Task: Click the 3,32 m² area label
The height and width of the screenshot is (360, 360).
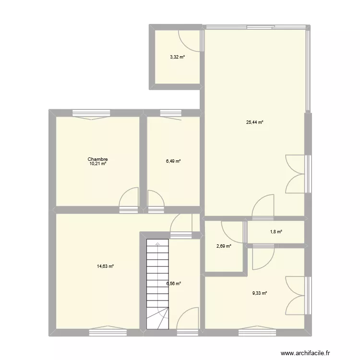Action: (x=177, y=57)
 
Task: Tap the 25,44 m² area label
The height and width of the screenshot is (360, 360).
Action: (x=255, y=122)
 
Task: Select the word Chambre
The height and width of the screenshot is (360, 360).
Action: (x=97, y=159)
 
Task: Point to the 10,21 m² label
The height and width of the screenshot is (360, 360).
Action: (x=97, y=164)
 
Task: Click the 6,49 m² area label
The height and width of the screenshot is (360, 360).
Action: (x=173, y=161)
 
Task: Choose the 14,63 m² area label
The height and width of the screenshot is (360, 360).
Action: (x=105, y=266)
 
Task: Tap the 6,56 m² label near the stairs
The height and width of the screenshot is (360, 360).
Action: (x=173, y=284)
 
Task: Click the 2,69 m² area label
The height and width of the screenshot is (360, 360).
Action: (x=224, y=246)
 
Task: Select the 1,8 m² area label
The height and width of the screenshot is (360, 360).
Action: (x=276, y=232)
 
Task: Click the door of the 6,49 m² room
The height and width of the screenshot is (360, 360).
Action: (x=156, y=200)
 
